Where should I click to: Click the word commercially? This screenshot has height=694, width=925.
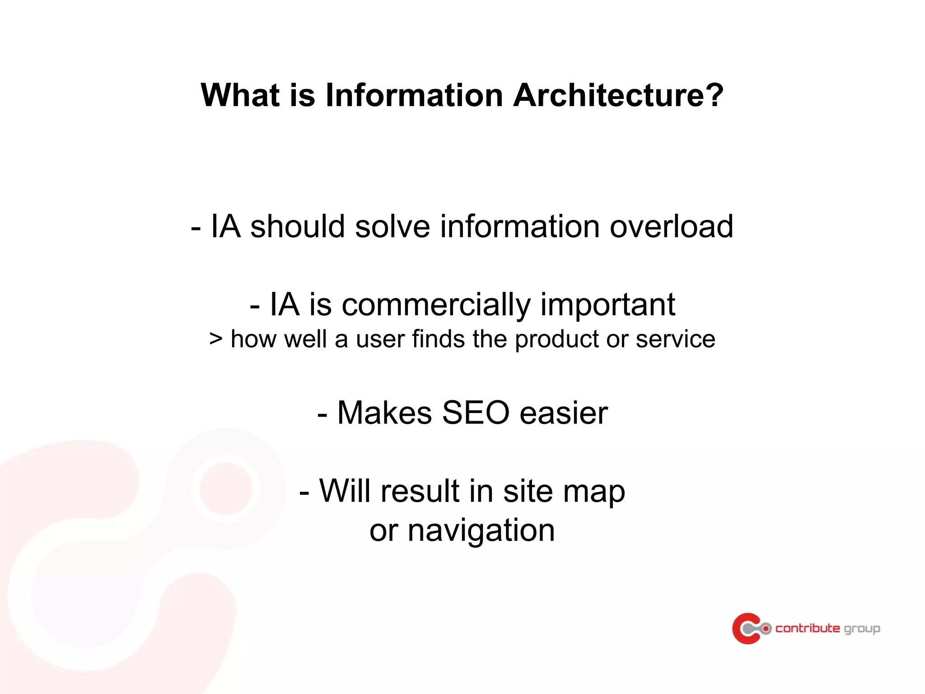tap(436, 305)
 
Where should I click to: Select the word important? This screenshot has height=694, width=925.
tap(607, 305)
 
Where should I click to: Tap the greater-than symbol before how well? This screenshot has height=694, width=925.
tap(216, 339)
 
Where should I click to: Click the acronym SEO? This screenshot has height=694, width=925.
tap(476, 413)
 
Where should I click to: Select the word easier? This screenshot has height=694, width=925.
tap(564, 413)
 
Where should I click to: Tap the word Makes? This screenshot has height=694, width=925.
tap(385, 413)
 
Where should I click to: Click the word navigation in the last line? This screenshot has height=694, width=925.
tap(481, 531)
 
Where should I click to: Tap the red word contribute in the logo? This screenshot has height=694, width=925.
tap(808, 628)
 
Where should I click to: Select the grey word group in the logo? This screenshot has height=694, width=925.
tap(862, 629)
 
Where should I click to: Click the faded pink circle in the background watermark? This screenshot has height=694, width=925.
tap(226, 488)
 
